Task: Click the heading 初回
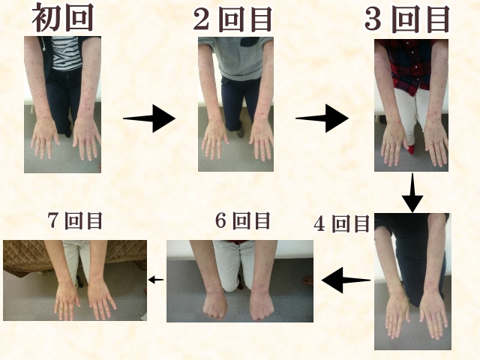[63, 18]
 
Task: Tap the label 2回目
[233, 19]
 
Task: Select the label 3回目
[407, 19]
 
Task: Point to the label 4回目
[342, 223]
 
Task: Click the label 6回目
[243, 220]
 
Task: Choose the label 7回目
[75, 220]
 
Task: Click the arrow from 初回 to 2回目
[149, 118]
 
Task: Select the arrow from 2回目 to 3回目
[322, 118]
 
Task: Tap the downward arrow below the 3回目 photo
[412, 193]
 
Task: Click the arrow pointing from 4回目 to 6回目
[346, 280]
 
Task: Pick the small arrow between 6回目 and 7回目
[156, 280]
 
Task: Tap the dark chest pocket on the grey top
[252, 42]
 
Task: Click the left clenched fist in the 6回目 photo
[215, 306]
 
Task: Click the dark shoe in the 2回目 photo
[241, 130]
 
